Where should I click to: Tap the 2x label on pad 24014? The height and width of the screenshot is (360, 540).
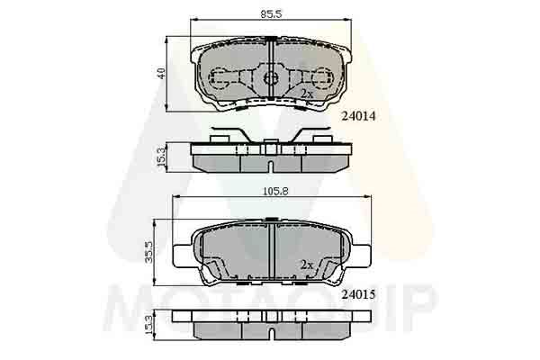tap(306, 94)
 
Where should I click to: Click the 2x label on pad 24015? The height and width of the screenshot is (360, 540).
tap(306, 265)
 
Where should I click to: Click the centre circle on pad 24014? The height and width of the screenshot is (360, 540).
tap(270, 77)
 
